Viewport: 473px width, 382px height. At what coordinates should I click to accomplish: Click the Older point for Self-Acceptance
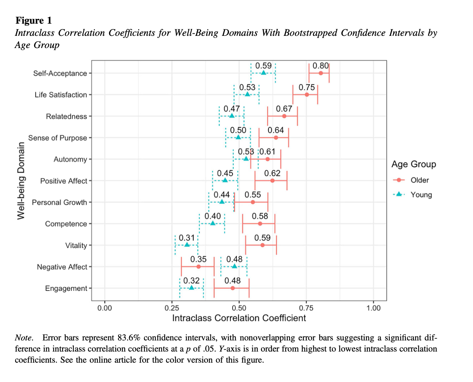pyautogui.click(x=321, y=73)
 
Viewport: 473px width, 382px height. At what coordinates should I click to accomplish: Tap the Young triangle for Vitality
pyautogui.click(x=187, y=245)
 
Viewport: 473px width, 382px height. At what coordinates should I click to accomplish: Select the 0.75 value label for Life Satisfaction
pyautogui.click(x=306, y=87)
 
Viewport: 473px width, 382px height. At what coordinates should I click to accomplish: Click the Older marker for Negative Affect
pyautogui.click(x=198, y=267)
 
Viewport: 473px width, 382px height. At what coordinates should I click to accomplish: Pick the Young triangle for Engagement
pyautogui.click(x=191, y=288)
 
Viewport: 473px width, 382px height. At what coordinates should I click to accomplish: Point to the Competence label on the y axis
pyautogui.click(x=66, y=224)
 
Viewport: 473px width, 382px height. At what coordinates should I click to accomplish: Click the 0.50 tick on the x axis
pyautogui.click(x=239, y=308)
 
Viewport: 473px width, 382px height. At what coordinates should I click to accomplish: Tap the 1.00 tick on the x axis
pyautogui.click(x=374, y=308)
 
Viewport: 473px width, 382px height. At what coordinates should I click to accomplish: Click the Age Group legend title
pyautogui.click(x=414, y=164)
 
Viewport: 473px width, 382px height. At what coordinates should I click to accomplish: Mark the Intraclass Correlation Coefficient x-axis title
pyautogui.click(x=239, y=318)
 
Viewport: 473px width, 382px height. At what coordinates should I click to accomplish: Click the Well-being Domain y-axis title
pyautogui.click(x=21, y=181)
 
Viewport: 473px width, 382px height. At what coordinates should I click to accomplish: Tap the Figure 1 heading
pyautogui.click(x=34, y=20)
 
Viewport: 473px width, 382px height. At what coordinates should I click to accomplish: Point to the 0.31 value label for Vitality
pyautogui.click(x=187, y=238)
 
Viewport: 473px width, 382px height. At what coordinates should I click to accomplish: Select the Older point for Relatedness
pyautogui.click(x=284, y=116)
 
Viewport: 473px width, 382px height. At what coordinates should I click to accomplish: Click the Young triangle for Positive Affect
pyautogui.click(x=225, y=180)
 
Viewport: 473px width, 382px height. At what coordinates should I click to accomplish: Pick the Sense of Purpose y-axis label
pyautogui.click(x=57, y=138)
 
